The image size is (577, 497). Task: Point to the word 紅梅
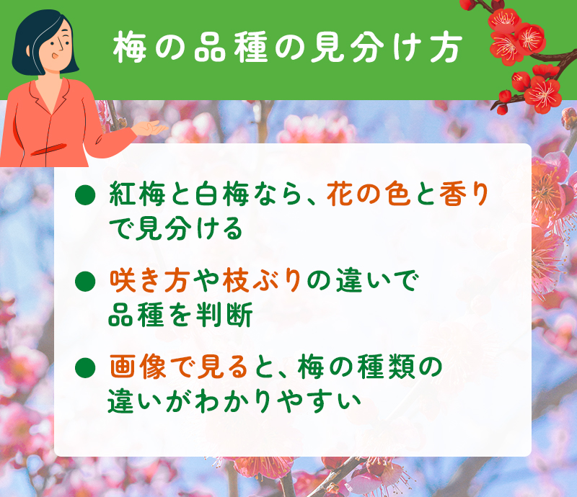(x=138, y=194)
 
